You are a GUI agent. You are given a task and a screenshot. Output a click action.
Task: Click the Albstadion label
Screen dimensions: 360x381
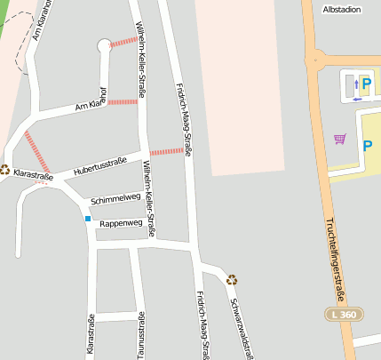click(342, 9)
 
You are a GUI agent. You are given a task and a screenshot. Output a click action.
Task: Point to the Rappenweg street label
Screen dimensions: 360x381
click(120, 223)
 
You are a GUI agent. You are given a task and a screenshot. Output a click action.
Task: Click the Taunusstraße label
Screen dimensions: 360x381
click(141, 335)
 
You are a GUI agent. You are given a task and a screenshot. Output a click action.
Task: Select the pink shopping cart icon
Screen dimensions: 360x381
click(339, 138)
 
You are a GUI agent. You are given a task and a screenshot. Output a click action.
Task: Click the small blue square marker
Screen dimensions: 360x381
click(88, 218)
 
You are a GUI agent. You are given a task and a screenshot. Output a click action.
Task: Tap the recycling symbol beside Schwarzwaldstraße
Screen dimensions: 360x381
click(232, 279)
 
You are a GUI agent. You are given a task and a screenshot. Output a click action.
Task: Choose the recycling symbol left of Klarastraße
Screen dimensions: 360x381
click(5, 169)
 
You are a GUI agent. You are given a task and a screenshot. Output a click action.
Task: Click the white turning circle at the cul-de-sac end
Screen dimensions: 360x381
click(104, 44)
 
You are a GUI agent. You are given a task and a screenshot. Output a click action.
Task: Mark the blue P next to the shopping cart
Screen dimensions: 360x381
click(367, 145)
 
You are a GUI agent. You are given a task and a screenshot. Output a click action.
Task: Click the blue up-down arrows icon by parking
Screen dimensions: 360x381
click(357, 85)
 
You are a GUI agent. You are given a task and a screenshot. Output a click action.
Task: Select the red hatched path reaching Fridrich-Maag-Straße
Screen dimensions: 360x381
click(166, 152)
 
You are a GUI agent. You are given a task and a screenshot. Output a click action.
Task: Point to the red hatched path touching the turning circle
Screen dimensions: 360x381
click(123, 40)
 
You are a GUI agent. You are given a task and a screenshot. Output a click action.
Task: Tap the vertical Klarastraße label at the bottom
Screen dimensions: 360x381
click(91, 335)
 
